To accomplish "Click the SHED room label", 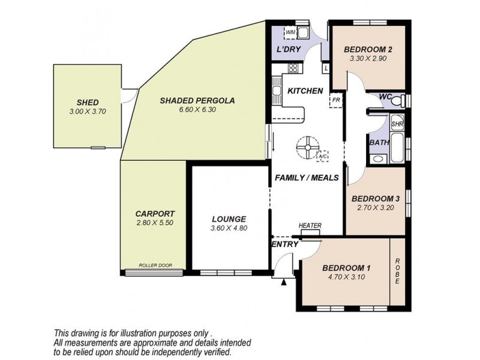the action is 88,103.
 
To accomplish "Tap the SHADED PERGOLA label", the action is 197,100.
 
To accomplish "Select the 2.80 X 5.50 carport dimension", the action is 155,223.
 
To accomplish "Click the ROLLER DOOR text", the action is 155,265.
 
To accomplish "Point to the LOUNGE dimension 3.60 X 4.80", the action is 229,228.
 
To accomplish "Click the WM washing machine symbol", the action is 290,33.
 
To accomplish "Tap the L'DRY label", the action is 289,49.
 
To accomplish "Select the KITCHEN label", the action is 305,91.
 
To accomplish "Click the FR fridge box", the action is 335,100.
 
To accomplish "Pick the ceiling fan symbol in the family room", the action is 307,148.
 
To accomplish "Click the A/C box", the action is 323,155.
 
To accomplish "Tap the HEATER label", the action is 310,226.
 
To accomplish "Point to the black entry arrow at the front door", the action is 284,282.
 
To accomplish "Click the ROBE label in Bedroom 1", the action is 397,271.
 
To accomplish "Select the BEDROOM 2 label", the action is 368,50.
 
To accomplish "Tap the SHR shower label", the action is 397,124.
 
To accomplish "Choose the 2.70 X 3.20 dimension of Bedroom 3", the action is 376,208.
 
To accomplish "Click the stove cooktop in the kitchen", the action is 293,68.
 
